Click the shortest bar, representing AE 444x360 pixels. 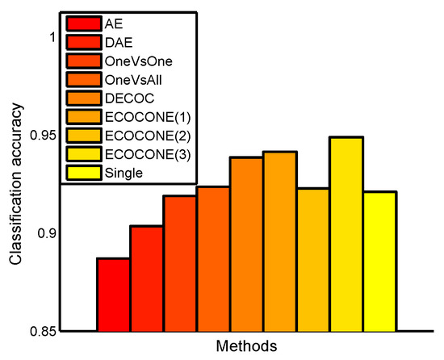113,295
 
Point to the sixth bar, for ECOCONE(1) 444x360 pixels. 279,241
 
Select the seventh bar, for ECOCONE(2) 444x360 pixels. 312,259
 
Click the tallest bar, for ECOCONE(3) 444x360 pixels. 346,234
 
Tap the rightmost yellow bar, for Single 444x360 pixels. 379,261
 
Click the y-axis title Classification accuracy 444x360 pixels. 15,184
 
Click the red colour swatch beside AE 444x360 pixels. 83,23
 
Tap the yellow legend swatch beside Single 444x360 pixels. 83,172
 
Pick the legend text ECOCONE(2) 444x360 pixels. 140,135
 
